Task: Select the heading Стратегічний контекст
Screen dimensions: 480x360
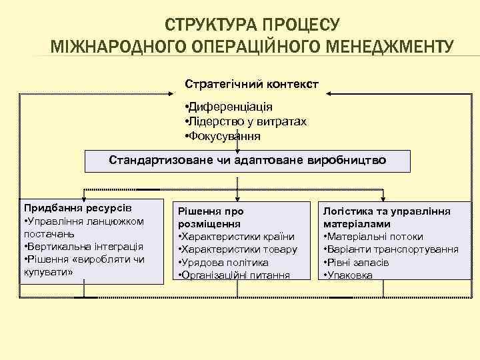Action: [251, 85]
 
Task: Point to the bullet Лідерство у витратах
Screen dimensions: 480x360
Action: [245, 121]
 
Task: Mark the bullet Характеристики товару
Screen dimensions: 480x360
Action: [236, 249]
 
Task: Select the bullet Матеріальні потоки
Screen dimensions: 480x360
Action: [373, 237]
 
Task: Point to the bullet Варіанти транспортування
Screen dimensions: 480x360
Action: [391, 249]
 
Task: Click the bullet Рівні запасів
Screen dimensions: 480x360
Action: [357, 262]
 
